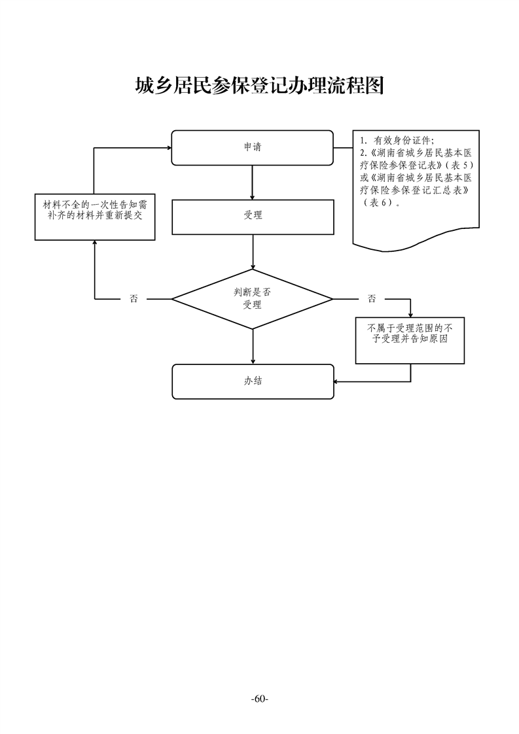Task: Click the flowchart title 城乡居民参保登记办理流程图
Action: (x=259, y=86)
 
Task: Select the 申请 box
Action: (x=252, y=148)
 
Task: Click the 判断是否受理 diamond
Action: (x=252, y=299)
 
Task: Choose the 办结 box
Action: (x=252, y=381)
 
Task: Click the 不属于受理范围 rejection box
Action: (x=410, y=340)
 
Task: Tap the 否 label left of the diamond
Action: (x=134, y=299)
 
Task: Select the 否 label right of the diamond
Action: (x=371, y=299)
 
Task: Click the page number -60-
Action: (x=259, y=699)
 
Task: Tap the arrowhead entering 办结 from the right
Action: (x=336, y=381)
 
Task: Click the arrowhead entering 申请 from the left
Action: (x=168, y=148)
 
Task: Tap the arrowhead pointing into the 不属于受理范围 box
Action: (x=410, y=314)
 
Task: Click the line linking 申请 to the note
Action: (x=343, y=148)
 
